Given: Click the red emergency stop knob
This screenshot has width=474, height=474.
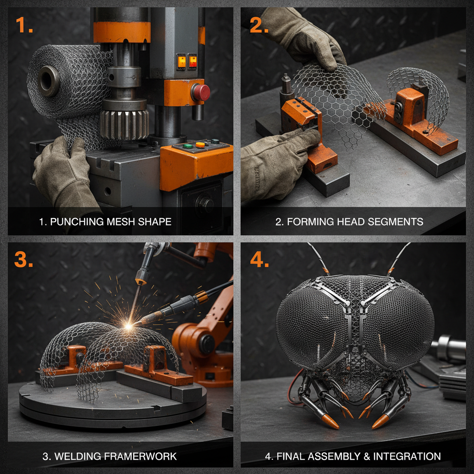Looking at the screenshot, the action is [200, 93].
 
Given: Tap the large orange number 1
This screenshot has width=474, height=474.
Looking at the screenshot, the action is [24, 25].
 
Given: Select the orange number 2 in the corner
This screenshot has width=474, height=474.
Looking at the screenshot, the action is [259, 25].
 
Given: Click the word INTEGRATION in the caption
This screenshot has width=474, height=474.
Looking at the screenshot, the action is [407, 456].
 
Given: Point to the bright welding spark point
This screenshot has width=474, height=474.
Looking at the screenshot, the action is [129, 326].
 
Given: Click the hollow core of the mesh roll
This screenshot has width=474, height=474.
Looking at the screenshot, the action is [48, 81].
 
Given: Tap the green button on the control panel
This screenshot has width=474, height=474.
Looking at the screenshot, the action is [188, 146].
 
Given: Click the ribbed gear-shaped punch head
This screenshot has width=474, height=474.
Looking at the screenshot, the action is [124, 124].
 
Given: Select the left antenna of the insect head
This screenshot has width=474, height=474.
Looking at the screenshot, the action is [318, 258].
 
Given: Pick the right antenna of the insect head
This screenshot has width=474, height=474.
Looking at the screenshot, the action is [399, 258].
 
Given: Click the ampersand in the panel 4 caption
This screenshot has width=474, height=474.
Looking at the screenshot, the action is [367, 456].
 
